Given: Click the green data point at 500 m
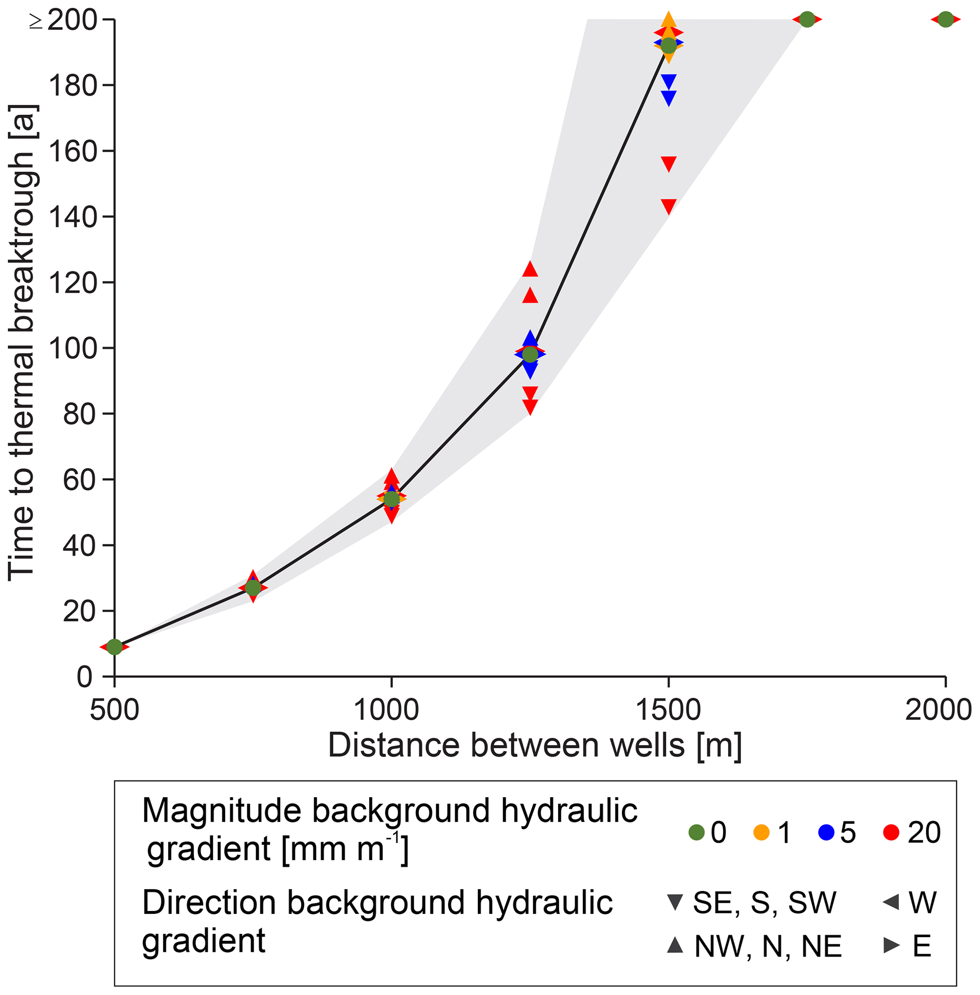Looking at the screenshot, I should pos(114,647).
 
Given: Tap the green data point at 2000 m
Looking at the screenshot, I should pos(945,19).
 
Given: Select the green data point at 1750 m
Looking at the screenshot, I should pos(807,19).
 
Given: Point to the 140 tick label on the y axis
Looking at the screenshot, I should pos(73,217).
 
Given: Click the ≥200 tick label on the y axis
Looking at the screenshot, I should pos(64,20).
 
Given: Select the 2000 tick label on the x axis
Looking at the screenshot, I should pos(938,710).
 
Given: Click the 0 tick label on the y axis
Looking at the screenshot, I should pos(84,677).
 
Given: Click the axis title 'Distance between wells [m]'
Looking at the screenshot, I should pos(535,745).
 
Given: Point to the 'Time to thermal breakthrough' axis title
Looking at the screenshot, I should pos(22,343).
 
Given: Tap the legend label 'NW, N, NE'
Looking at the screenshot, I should pos(768,946).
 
